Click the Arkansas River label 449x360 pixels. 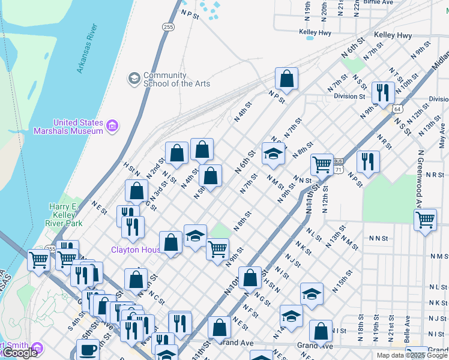click(87, 49)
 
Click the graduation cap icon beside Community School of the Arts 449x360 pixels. click(133, 79)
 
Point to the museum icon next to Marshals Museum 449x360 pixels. click(112, 126)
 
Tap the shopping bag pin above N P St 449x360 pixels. click(287, 79)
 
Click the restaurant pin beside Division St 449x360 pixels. click(382, 92)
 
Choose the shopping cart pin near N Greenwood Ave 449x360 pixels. click(425, 220)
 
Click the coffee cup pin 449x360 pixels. click(88, 350)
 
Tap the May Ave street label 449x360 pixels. click(442, 140)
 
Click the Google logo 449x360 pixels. click(19, 353)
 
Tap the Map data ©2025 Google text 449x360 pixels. click(412, 355)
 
